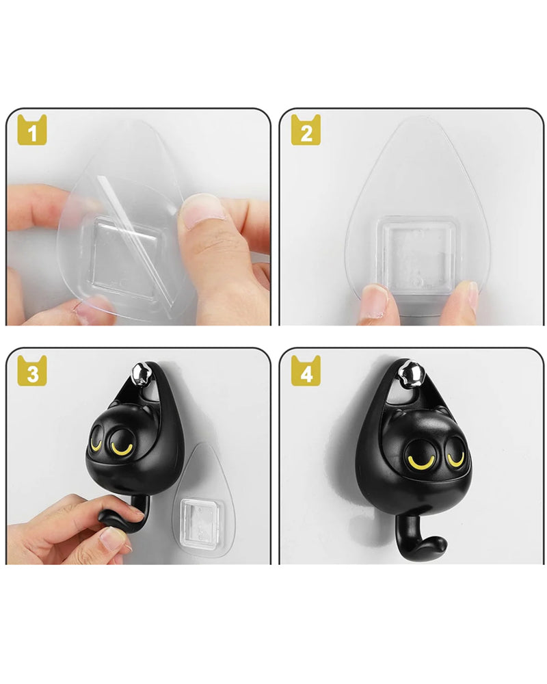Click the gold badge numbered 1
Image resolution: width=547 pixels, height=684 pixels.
(32, 130)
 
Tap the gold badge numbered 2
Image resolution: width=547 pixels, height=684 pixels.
(306, 130)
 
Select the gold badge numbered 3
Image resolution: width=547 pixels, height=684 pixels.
(32, 371)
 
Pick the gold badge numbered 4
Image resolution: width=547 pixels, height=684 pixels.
(306, 371)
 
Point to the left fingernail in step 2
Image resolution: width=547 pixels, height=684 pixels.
(375, 297)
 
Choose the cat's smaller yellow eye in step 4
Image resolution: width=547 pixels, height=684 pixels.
(455, 459)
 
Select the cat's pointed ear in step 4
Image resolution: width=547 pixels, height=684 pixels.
(443, 412)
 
